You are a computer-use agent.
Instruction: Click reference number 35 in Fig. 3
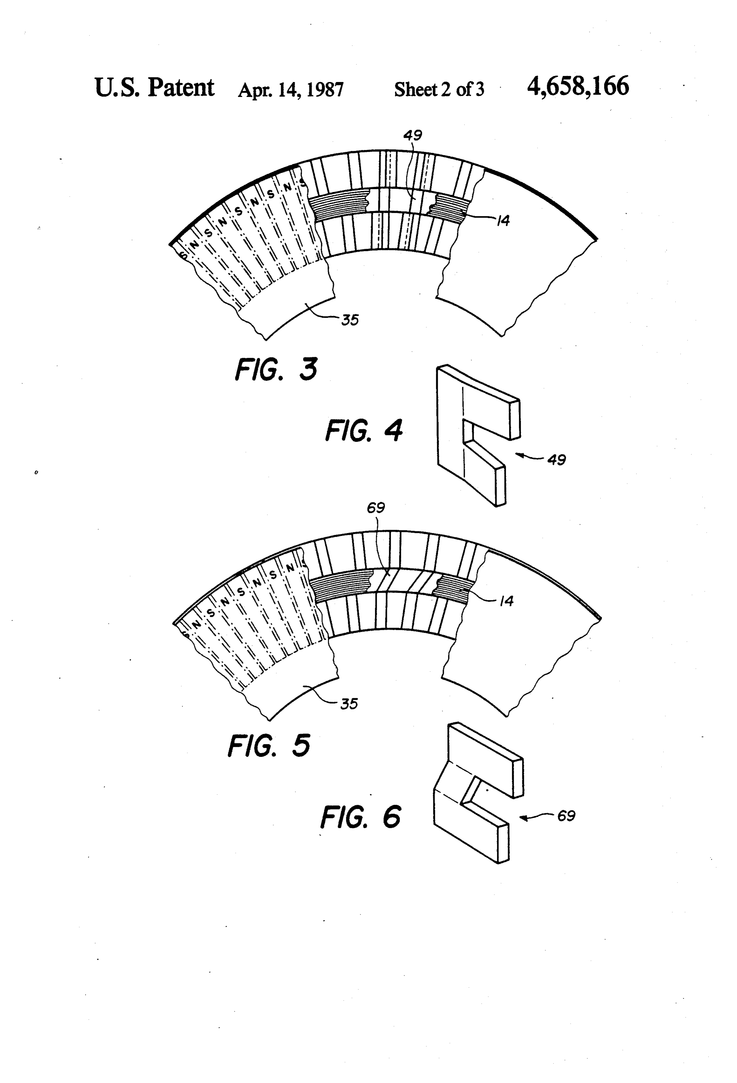click(x=350, y=320)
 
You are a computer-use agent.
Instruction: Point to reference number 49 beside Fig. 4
click(x=556, y=460)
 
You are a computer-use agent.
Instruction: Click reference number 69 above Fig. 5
click(x=376, y=507)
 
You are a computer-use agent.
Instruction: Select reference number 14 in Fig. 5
click(x=506, y=601)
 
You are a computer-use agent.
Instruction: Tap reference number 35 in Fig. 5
click(x=349, y=704)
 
